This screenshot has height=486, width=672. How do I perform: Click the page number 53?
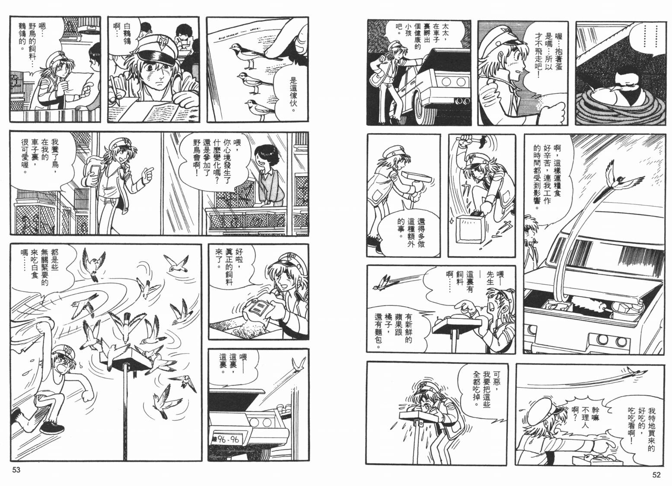click(x=16, y=470)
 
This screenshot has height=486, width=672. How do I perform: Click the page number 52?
click(x=656, y=475)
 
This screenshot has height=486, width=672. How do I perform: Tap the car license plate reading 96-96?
click(x=227, y=440)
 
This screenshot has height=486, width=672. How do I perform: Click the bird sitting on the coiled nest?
click(x=633, y=90)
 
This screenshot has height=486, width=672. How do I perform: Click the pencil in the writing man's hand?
click(x=115, y=90)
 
